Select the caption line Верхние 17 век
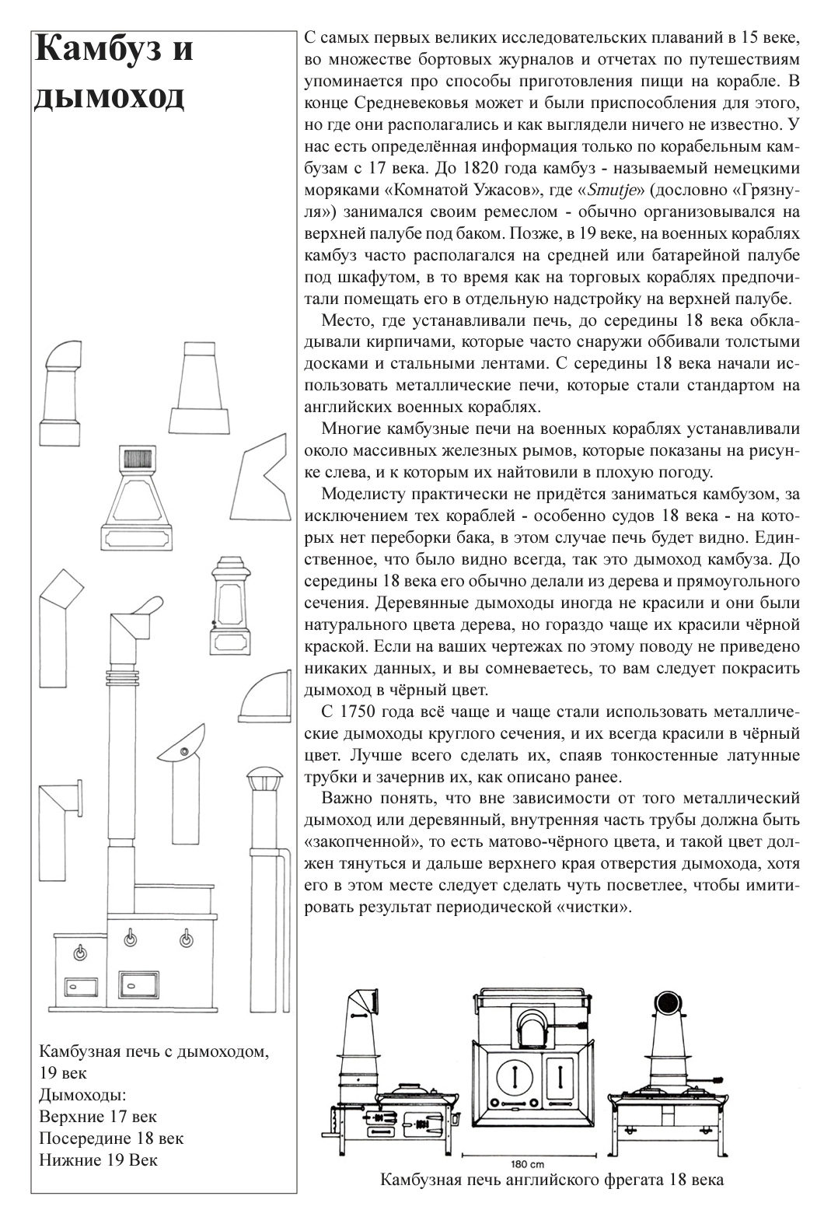(x=97, y=1117)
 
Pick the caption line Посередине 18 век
(x=111, y=1138)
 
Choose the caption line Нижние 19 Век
(x=97, y=1160)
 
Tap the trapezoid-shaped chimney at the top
(x=200, y=387)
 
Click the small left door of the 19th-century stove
(x=81, y=986)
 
